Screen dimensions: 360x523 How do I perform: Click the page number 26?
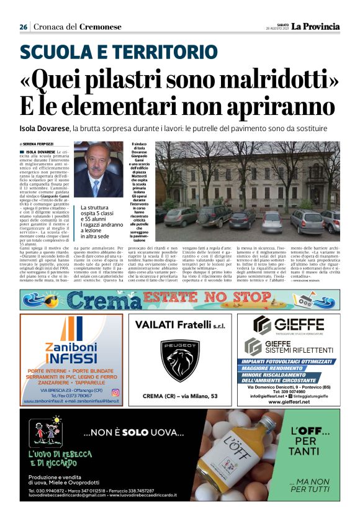(x=24, y=27)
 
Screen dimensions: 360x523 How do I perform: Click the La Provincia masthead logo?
(x=317, y=27)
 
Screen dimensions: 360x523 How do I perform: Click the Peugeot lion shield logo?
(x=180, y=360)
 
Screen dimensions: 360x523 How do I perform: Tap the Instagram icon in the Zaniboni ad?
(x=115, y=393)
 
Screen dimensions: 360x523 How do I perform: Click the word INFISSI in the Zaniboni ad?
(x=71, y=359)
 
